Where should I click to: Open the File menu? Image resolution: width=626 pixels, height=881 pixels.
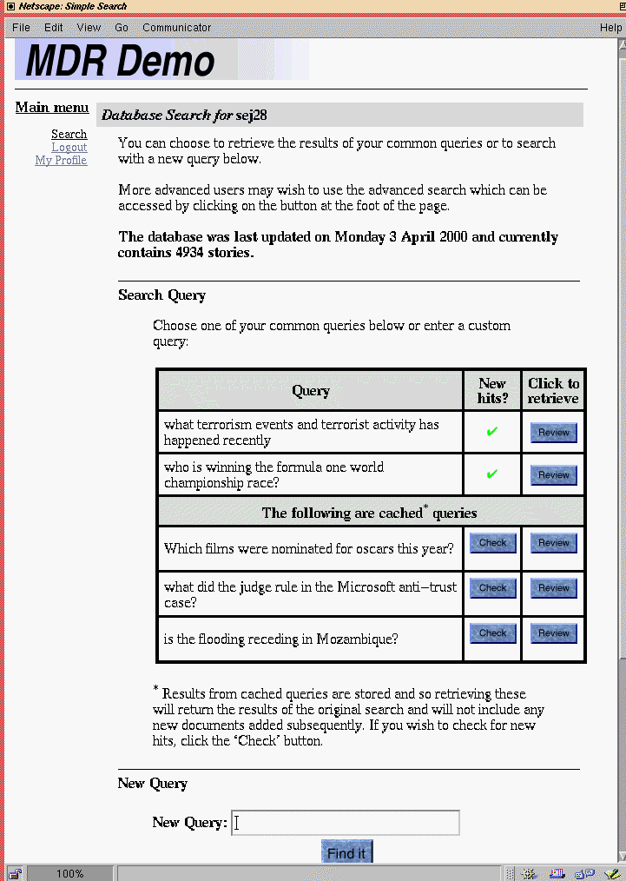click(x=21, y=28)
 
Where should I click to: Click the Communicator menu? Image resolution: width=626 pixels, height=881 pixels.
click(x=176, y=28)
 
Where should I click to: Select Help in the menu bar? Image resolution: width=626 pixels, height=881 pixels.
click(x=610, y=28)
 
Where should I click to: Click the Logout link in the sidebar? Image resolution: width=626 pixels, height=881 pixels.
click(x=69, y=148)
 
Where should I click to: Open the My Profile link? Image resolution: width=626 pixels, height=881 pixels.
click(x=61, y=161)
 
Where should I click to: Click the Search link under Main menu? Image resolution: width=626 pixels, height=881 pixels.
click(x=69, y=135)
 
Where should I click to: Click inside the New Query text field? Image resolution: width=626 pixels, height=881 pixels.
click(x=346, y=823)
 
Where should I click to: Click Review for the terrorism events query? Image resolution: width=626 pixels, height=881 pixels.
click(x=553, y=433)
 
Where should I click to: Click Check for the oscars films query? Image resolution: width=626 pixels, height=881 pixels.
click(x=492, y=543)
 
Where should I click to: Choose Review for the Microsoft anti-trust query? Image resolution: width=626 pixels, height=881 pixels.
click(x=553, y=588)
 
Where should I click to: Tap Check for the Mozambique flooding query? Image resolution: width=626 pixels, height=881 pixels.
click(x=492, y=633)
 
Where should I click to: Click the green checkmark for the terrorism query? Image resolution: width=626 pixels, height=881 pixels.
click(x=492, y=432)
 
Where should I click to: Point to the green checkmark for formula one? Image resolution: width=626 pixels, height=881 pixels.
click(x=492, y=474)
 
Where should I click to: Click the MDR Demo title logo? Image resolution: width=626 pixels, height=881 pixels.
click(x=121, y=61)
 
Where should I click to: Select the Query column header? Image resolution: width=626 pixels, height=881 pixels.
click(x=311, y=391)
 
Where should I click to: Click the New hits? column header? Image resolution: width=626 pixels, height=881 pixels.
click(x=492, y=391)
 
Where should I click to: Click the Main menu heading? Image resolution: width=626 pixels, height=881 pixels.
click(x=52, y=108)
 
